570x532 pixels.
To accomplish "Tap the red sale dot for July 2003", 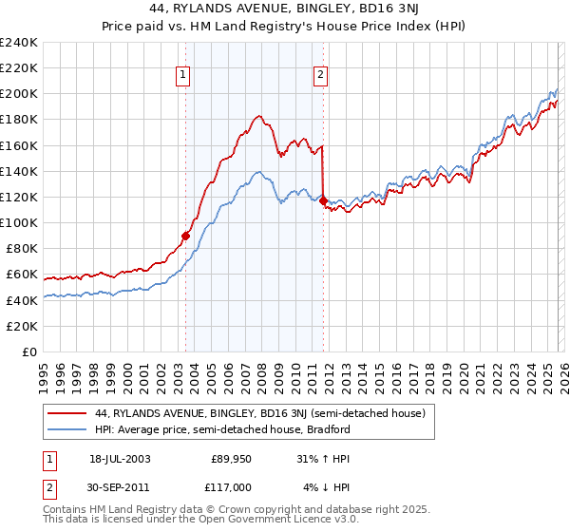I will coord(185,236).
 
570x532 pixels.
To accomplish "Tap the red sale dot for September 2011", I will coord(323,201).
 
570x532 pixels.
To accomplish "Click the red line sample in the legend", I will coord(66,413).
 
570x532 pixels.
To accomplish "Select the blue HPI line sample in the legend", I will coord(66,429).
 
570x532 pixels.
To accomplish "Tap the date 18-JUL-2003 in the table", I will coord(121,459).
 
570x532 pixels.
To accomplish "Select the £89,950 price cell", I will coord(232,459).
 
